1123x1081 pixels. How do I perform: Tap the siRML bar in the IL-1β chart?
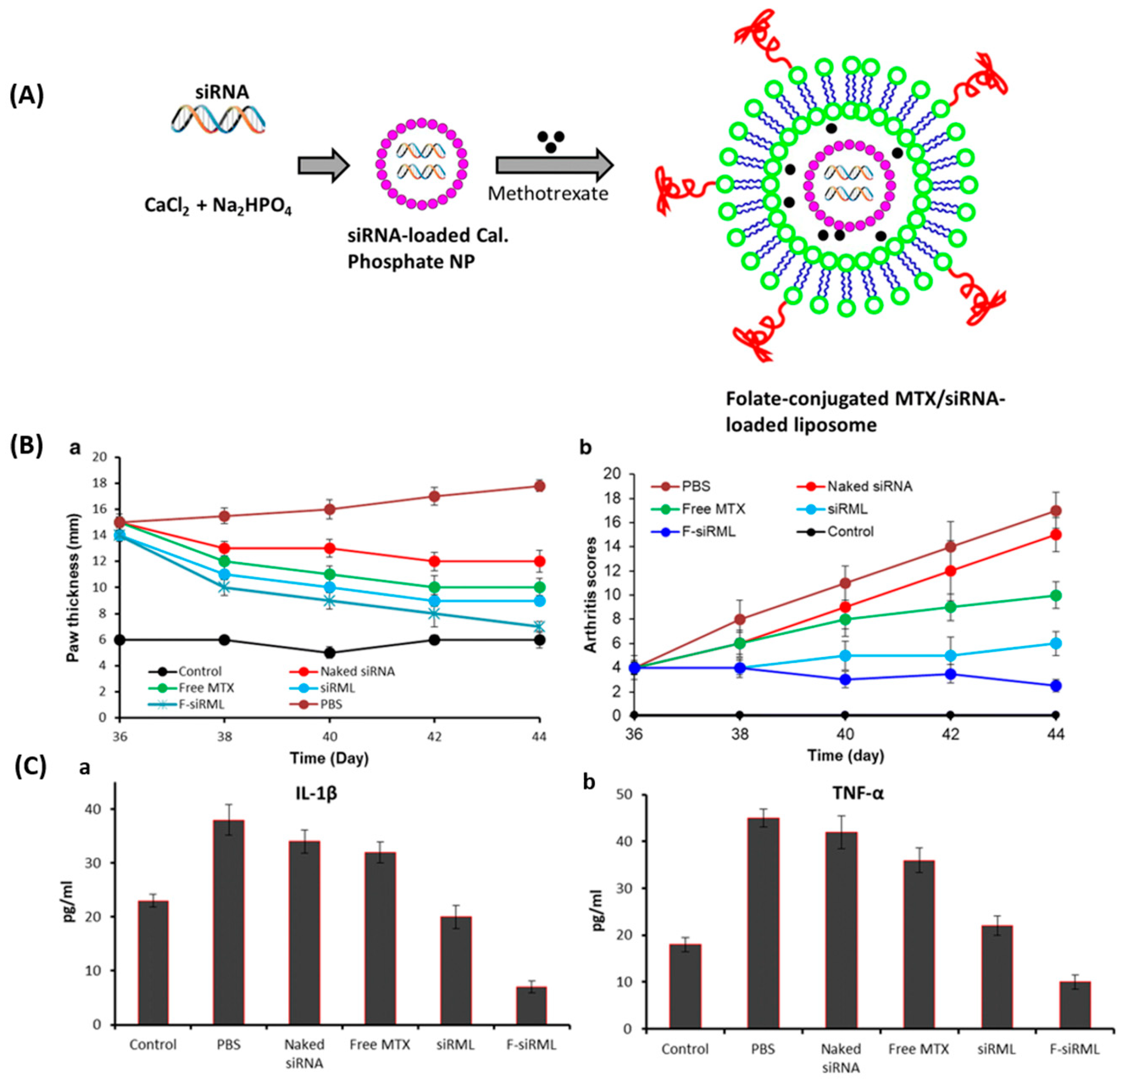pos(456,970)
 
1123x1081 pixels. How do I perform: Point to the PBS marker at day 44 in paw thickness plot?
pos(539,486)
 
